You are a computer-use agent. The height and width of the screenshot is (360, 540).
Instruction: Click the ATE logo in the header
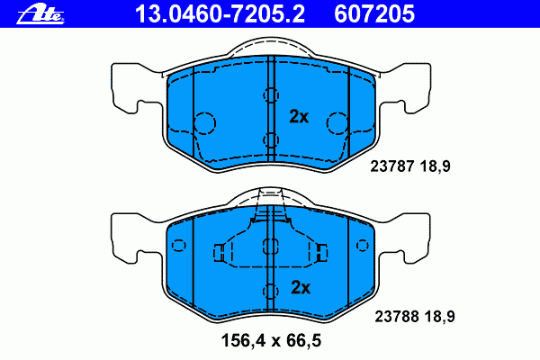coord(40,14)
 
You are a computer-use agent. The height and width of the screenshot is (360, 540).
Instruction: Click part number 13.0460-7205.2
coord(220,14)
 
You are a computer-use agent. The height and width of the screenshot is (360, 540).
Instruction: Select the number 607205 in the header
coord(374,14)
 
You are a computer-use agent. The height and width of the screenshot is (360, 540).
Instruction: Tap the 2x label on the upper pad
coord(299,116)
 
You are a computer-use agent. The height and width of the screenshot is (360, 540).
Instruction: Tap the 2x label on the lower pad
coord(301,287)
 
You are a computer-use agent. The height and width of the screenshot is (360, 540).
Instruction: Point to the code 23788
coord(397,316)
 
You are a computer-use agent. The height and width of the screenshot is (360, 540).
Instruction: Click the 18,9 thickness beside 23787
coord(435,166)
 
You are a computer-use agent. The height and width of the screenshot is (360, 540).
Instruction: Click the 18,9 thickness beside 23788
coord(440,317)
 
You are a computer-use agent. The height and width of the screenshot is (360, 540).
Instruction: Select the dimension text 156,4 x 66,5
coord(271,341)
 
